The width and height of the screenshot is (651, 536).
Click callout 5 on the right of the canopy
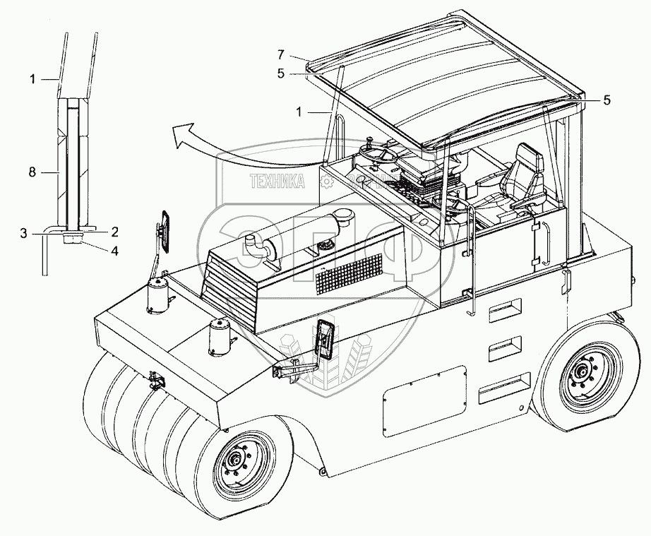605,100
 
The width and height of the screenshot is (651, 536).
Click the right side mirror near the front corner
325,342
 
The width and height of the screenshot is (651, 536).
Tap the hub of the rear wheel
583,371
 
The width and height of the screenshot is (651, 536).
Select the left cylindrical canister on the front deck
157,295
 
